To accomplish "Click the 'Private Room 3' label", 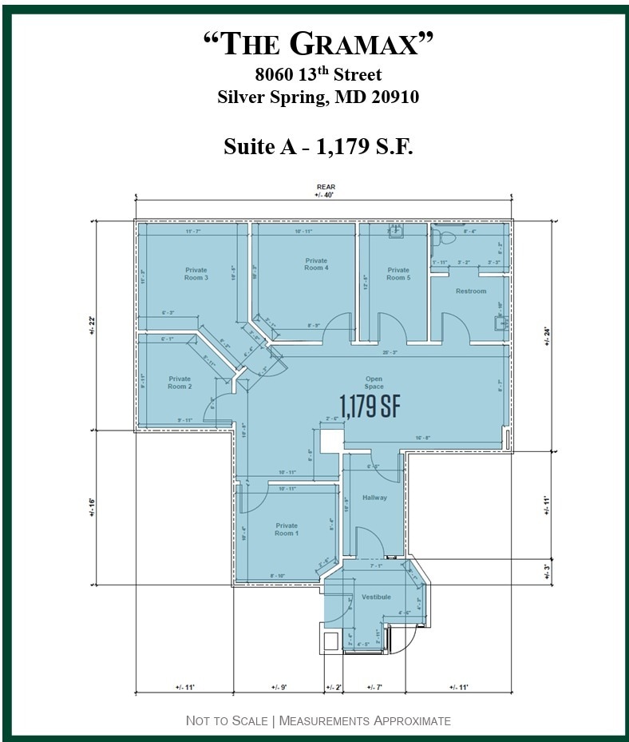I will coord(196,274).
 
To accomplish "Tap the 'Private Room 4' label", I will coord(316,264).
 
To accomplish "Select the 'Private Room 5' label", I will coord(398,274).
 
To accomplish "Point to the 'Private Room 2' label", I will coord(180,383).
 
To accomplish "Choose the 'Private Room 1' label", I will coord(286,530).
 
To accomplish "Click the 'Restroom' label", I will coord(471,292).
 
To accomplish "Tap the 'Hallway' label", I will coord(374,498).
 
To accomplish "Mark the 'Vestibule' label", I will coord(376,597).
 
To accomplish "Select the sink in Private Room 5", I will coord(396,232).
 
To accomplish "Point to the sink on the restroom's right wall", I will coord(501,323).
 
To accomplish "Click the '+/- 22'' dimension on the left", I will coord(92,324).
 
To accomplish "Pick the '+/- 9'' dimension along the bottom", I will coord(279,688).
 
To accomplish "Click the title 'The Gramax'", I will coord(318,45).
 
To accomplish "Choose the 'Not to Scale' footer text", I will coord(227,721).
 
